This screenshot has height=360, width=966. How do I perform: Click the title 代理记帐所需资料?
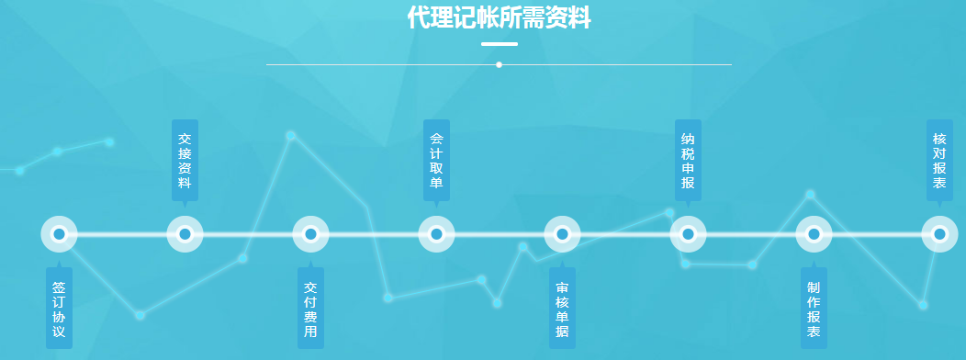499,17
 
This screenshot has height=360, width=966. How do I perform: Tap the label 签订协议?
59,309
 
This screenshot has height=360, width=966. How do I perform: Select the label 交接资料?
185,160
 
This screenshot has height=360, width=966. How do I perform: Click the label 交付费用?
310,309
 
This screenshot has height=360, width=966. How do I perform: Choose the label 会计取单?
436,160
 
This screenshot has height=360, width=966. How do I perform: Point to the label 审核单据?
562,309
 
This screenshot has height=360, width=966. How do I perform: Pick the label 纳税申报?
688,160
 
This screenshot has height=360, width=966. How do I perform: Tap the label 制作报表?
814,309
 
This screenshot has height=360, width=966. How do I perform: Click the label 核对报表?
939,160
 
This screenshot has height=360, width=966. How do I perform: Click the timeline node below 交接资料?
185,234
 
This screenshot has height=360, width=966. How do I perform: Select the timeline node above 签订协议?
59,234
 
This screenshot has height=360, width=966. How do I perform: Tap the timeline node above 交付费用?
310,234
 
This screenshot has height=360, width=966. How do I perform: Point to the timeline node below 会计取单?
436,234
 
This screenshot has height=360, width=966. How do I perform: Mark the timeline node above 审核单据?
562,234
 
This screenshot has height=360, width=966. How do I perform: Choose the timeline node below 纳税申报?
688,234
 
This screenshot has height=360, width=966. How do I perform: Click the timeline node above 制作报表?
814,234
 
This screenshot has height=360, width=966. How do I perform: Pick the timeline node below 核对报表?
939,234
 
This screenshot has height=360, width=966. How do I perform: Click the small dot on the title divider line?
499,64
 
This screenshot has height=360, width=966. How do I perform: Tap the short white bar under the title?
499,43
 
